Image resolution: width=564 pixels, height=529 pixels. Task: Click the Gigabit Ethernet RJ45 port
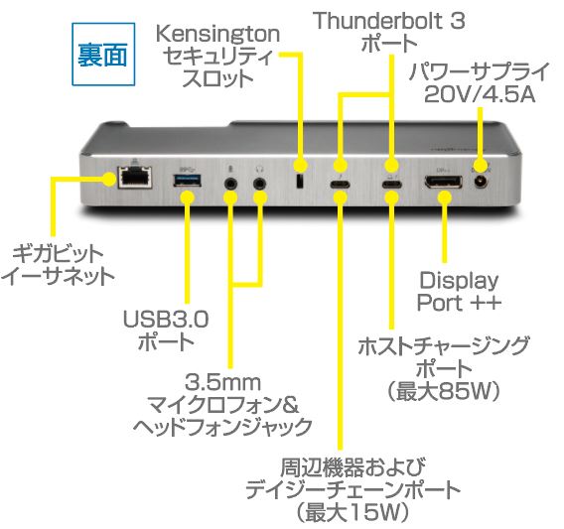(135, 177)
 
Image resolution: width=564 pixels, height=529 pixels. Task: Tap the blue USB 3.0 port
(187, 181)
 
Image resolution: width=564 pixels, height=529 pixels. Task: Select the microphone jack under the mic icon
(230, 184)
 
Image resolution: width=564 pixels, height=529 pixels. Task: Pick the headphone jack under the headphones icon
(260, 184)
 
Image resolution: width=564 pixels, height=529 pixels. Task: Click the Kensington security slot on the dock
(300, 181)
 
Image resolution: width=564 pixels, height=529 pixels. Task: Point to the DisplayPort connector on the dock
(444, 182)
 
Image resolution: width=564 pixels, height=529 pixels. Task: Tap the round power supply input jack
(481, 182)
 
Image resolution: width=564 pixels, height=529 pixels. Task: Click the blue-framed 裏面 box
(103, 55)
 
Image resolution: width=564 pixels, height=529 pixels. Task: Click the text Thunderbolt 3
(389, 21)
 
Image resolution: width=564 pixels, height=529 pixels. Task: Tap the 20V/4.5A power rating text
(480, 94)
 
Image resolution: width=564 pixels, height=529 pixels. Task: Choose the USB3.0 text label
(166, 319)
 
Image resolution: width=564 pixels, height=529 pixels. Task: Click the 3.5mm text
(223, 382)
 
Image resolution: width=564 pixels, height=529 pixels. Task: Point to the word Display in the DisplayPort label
(459, 281)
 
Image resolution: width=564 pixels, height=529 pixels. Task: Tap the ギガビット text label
(58, 254)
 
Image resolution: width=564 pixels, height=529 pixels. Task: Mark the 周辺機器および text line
(352, 467)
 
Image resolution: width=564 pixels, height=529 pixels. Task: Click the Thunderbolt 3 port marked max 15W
(340, 185)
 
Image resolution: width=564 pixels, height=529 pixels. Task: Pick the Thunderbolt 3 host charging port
(392, 185)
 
